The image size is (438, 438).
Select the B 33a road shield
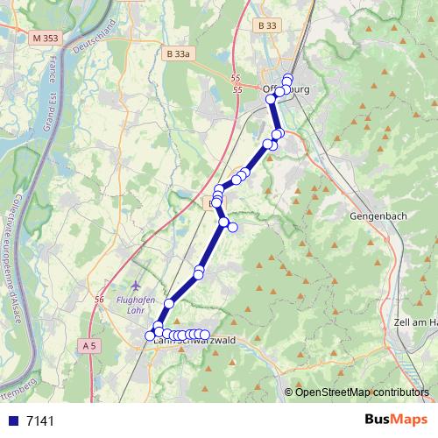click(178, 54)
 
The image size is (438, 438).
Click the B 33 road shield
click(267, 26)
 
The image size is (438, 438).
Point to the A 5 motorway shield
click(88, 346)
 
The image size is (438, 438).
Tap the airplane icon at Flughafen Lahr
click(135, 286)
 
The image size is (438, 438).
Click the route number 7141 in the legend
click(40, 420)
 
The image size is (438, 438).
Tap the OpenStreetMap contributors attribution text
click(362, 392)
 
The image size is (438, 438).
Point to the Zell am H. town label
click(415, 322)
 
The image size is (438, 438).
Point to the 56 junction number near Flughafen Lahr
click(99, 300)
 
